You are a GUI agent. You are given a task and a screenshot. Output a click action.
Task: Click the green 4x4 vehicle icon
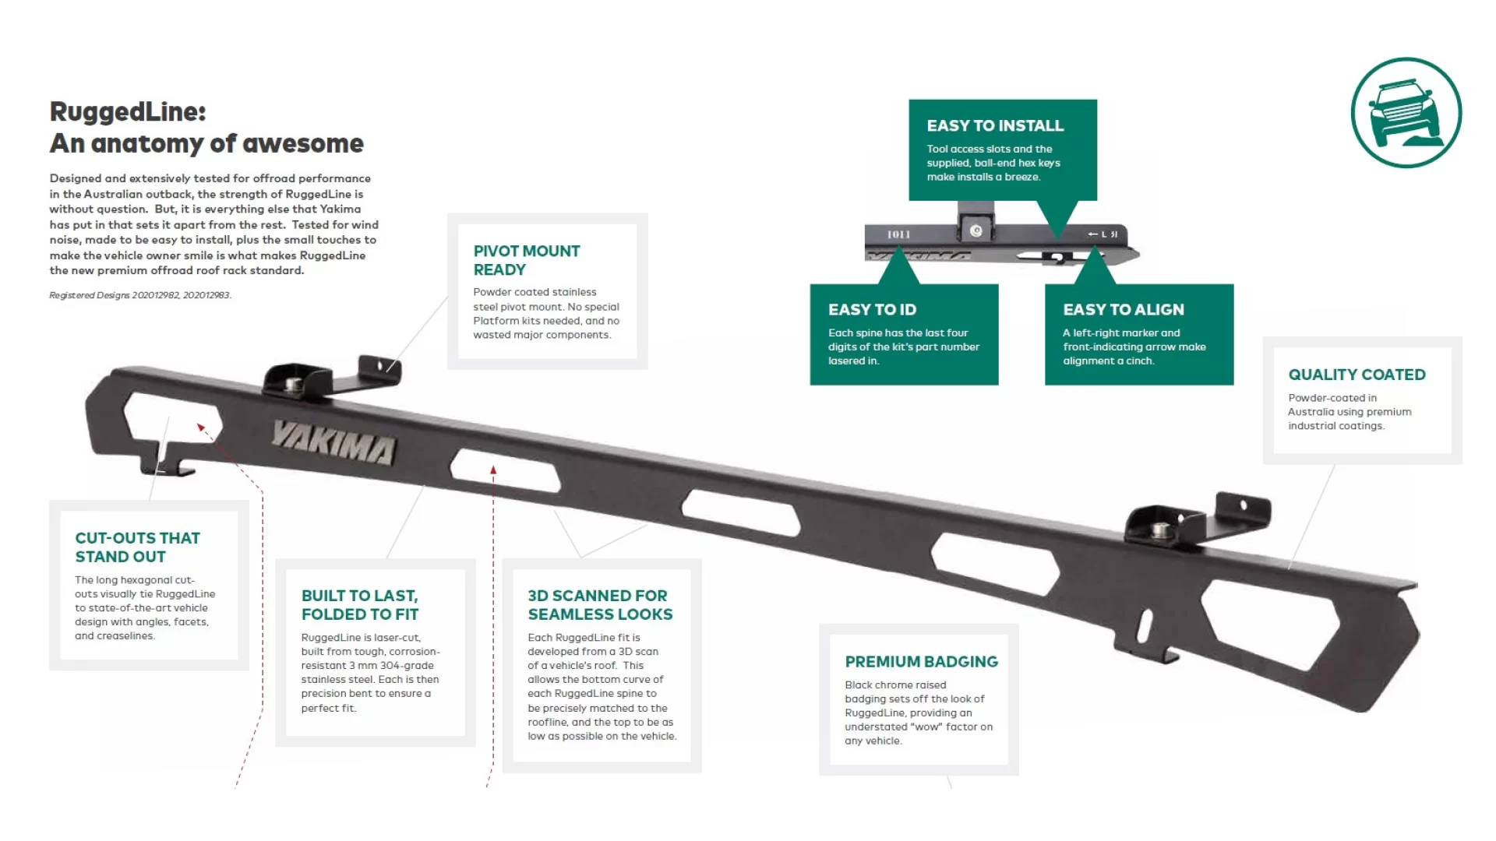[x=1406, y=113]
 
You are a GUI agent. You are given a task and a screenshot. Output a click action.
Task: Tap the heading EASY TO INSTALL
[x=994, y=125]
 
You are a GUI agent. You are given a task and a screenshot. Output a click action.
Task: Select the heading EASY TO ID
[x=872, y=309]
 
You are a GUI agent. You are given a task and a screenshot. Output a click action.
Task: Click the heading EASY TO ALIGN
[x=1123, y=309]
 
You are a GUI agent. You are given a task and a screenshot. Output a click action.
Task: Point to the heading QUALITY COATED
[x=1357, y=375]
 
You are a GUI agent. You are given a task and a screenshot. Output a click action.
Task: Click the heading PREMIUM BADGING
[x=921, y=661]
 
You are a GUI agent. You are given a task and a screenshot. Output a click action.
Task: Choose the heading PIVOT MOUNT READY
[x=526, y=260]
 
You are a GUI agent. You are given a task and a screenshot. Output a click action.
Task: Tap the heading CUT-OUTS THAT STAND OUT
[x=137, y=547]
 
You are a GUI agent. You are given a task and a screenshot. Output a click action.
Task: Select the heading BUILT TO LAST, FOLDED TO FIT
[x=359, y=604]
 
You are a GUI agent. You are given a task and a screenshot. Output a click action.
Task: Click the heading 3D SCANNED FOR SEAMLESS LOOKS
[x=600, y=604]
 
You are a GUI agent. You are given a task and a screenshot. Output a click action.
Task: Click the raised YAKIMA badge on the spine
[x=333, y=443]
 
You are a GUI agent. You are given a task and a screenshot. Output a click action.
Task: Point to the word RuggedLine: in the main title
[x=128, y=111]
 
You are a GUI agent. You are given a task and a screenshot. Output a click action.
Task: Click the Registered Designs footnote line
[x=140, y=295]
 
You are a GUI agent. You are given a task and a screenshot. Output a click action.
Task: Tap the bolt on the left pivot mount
[x=295, y=383]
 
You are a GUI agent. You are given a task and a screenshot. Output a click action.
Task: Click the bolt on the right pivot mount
[x=1160, y=530]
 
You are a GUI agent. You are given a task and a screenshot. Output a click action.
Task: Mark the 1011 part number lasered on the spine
[x=898, y=234]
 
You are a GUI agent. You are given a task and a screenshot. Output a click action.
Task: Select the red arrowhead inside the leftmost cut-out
[x=201, y=428]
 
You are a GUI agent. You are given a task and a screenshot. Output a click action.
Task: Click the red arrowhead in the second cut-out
[x=493, y=470]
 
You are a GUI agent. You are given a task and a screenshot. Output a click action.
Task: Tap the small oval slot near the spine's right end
[x=1145, y=624]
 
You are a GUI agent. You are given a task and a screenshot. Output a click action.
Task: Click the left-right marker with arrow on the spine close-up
[x=1103, y=234]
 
